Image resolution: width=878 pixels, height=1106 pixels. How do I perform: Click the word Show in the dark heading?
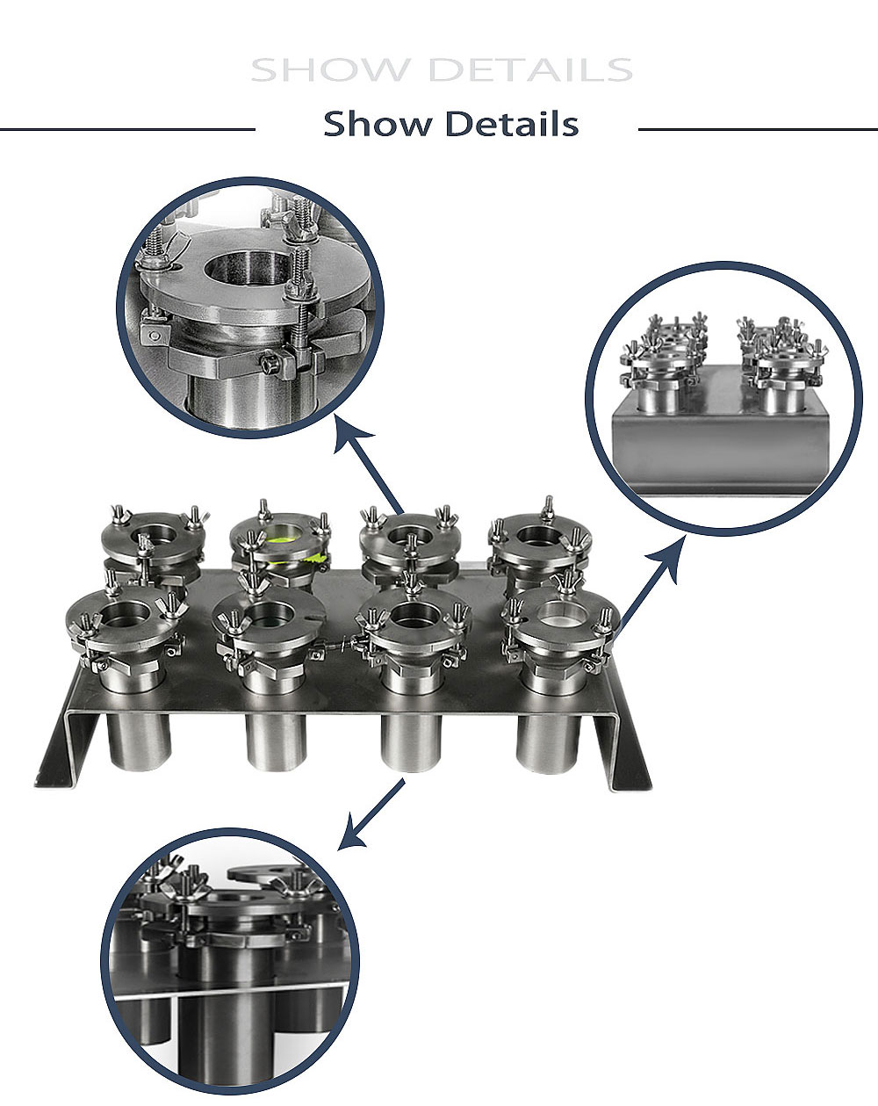(x=378, y=124)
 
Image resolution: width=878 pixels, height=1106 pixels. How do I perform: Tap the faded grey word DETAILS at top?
(x=530, y=70)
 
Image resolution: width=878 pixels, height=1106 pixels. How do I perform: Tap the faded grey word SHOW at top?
(x=329, y=70)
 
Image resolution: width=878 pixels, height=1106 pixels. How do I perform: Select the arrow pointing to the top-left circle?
(x=368, y=465)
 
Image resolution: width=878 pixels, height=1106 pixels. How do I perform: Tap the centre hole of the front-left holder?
(x=126, y=615)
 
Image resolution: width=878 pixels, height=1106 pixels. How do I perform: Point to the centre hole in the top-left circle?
(x=246, y=268)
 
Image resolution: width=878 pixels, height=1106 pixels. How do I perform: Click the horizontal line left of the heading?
(x=127, y=129)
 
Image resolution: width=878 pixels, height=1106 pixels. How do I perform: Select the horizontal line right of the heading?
(x=758, y=129)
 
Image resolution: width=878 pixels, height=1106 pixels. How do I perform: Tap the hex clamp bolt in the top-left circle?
(x=270, y=365)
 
